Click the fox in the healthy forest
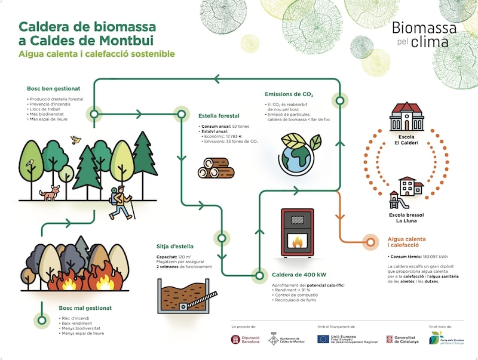(50, 192)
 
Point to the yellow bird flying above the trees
(75, 140)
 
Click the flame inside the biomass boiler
(297, 241)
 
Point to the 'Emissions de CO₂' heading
(289, 94)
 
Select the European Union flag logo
(322, 339)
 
